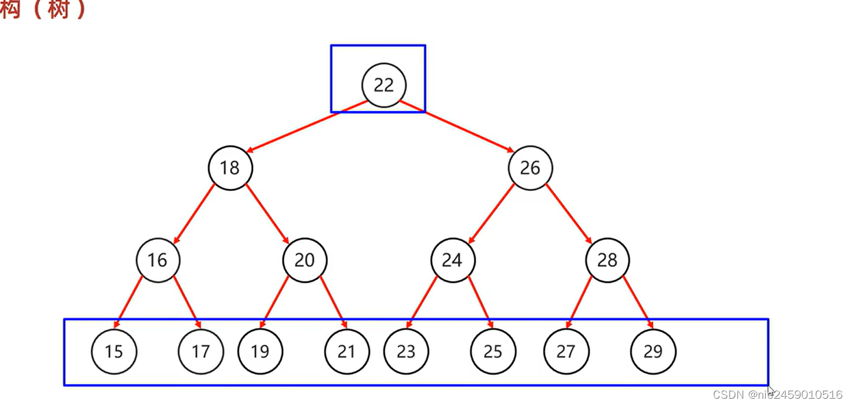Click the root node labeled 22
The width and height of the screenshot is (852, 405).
tap(384, 85)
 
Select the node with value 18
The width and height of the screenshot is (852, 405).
tap(230, 168)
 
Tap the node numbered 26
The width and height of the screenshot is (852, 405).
tap(530, 168)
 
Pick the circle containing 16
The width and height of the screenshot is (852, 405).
tap(157, 260)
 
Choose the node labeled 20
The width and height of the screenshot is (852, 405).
tap(305, 260)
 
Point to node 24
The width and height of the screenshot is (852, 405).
tap(452, 260)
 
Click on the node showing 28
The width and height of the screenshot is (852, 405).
tap(607, 260)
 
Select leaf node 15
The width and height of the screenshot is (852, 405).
tap(114, 351)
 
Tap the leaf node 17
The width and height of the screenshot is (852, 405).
tap(201, 351)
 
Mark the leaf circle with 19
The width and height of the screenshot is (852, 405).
tap(260, 351)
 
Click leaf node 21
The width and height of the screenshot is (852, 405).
tap(347, 351)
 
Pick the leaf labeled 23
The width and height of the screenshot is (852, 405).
tap(406, 351)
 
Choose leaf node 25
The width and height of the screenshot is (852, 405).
tap(493, 351)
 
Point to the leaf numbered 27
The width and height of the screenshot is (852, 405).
tap(566, 351)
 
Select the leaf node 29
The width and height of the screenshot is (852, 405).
tap(653, 351)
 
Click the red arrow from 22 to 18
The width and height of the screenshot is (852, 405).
tap(306, 127)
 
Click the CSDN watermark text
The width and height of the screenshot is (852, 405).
tap(777, 394)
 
